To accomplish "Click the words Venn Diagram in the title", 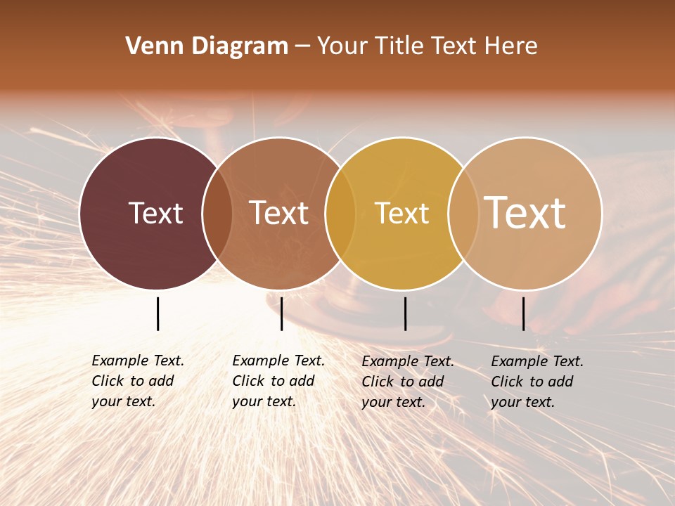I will coord(207,46).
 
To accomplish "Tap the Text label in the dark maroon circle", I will coord(155,213).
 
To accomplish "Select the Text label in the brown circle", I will coord(279,213).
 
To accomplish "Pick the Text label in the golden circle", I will coord(401,213).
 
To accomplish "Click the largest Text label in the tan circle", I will coord(525,212).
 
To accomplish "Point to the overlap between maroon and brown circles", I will coord(217,213).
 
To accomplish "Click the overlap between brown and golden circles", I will coord(340,213).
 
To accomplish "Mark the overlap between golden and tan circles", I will coord(463,213).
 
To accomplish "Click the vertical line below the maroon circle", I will coord(157,313).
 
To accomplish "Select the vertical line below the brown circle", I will coord(281,313).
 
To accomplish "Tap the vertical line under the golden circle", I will coord(405,313).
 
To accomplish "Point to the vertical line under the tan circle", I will coord(523,313).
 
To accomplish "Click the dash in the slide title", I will coord(302,46).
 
